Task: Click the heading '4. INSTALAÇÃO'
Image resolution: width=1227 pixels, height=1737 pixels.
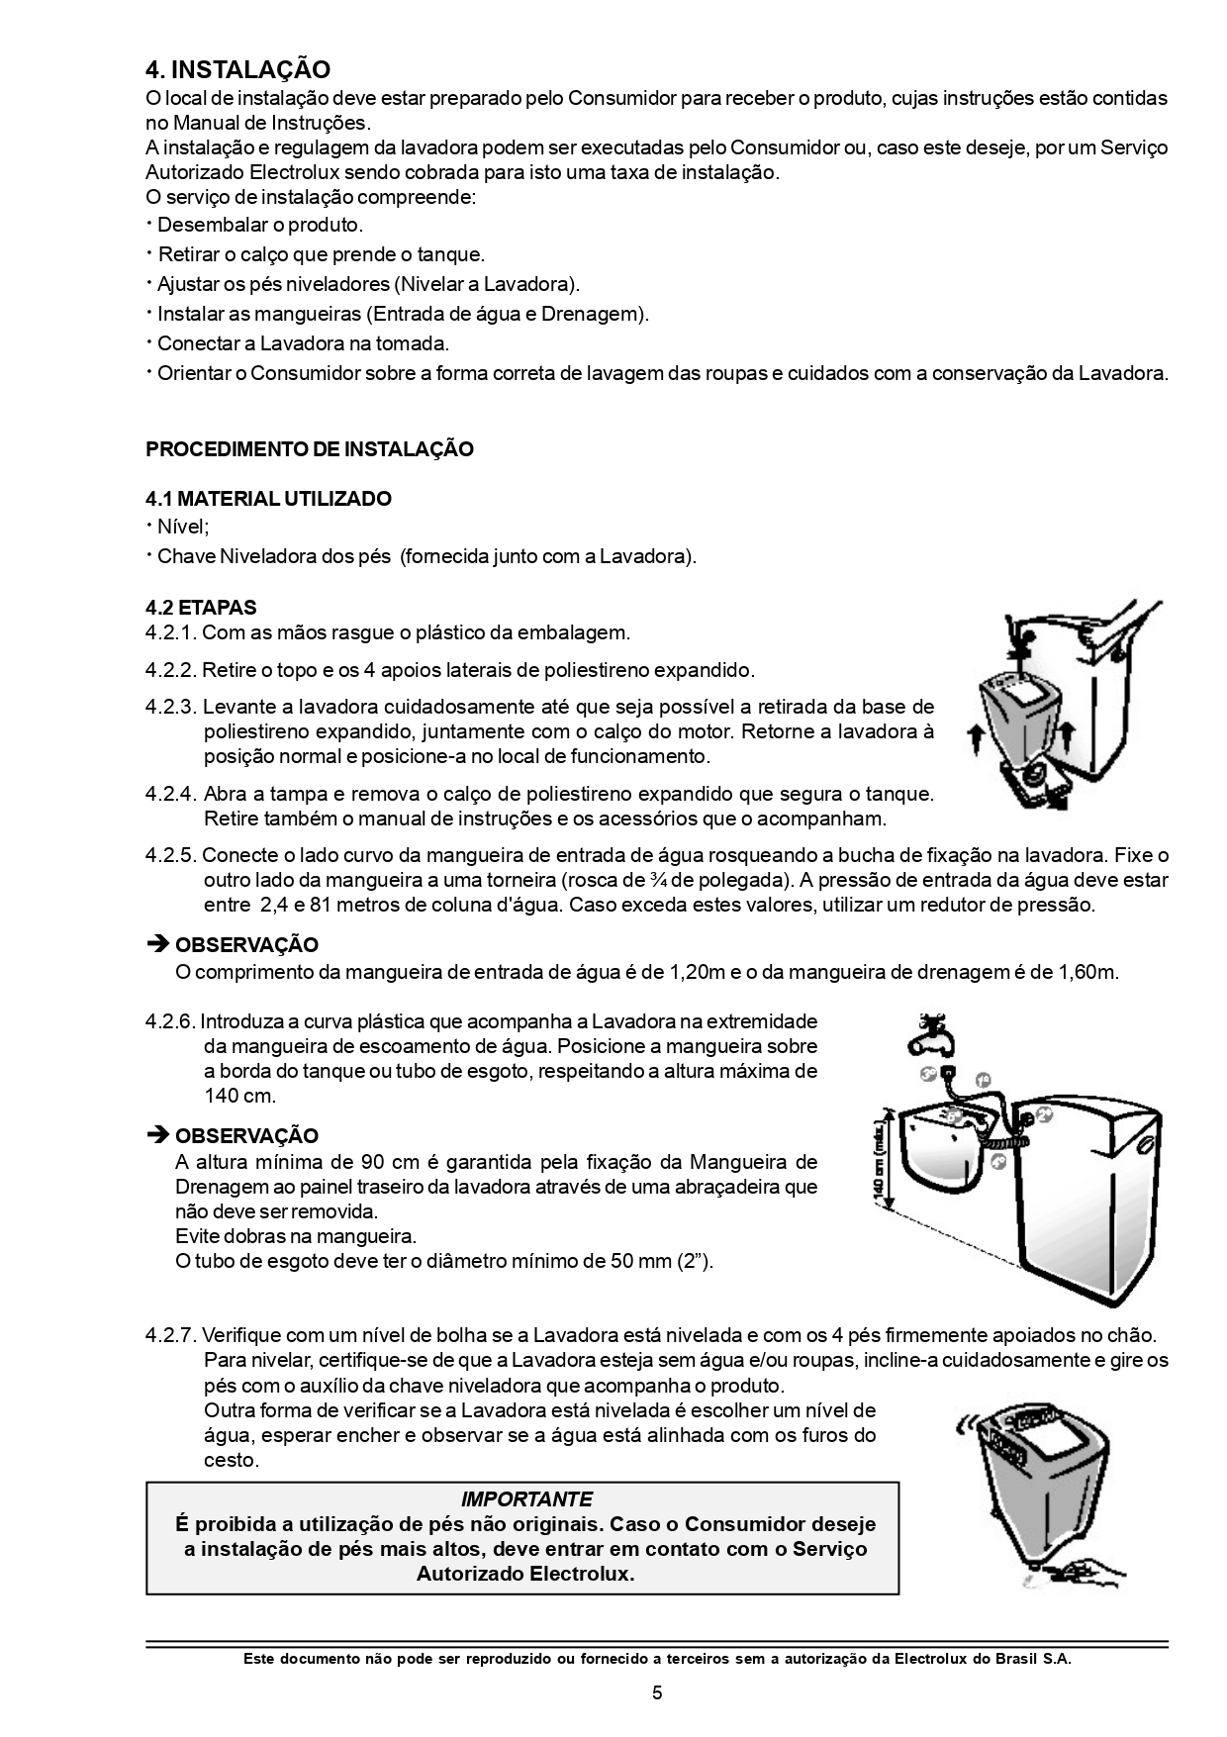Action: pyautogui.click(x=237, y=69)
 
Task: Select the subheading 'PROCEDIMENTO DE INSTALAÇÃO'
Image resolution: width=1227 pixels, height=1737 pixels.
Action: pyautogui.click(x=309, y=449)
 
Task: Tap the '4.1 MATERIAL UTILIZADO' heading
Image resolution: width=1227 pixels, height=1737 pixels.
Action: pyautogui.click(x=268, y=499)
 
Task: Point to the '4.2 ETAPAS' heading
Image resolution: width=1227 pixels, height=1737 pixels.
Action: pyautogui.click(x=201, y=608)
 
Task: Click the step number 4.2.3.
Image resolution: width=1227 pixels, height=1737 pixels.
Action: pyautogui.click(x=171, y=708)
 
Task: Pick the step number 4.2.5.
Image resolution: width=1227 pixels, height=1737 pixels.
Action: pyautogui.click(x=171, y=855)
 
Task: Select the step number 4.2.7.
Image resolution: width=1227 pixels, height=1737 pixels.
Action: pyautogui.click(x=171, y=1336)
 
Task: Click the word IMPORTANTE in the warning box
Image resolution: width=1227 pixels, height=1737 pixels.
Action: pyautogui.click(x=526, y=1499)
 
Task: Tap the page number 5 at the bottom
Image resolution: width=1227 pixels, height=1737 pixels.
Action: pyautogui.click(x=657, y=1692)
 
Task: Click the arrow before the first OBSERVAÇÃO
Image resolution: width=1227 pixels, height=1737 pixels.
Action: pyautogui.click(x=157, y=945)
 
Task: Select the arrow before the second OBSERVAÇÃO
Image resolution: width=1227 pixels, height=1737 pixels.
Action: pyautogui.click(x=157, y=1135)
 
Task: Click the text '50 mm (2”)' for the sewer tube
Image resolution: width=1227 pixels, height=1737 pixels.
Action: pyautogui.click(x=660, y=1262)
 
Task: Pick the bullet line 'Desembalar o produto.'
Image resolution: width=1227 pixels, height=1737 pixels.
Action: pyautogui.click(x=260, y=226)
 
